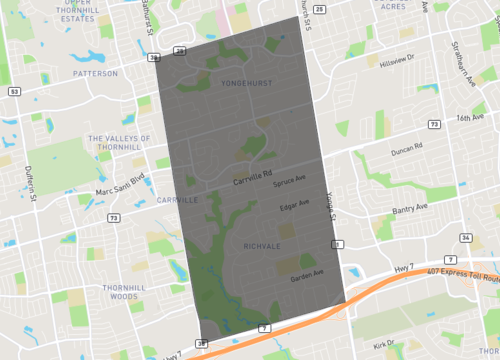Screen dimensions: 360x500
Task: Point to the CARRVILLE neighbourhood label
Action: click(177, 200)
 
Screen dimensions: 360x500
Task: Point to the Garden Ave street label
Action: click(307, 273)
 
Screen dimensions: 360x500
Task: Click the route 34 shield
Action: click(466, 237)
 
